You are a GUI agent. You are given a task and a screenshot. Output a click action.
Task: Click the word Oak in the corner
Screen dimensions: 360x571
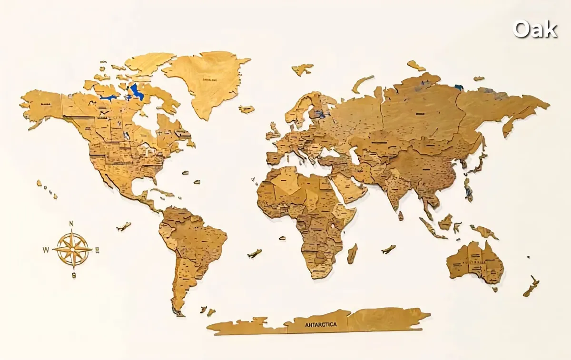535,29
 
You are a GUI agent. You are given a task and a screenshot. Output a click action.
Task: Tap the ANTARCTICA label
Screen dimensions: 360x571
320,324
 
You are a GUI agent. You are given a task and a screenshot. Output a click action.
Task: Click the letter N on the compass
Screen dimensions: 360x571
71,223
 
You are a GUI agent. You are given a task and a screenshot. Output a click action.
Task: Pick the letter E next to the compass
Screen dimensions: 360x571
97,250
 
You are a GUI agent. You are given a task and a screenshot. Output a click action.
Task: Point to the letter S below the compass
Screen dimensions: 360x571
74,275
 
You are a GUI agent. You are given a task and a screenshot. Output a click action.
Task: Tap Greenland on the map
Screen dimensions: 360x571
207,81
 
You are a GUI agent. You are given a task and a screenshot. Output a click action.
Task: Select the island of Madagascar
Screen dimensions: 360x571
352,253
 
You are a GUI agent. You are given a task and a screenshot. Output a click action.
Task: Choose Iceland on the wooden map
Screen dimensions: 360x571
246,109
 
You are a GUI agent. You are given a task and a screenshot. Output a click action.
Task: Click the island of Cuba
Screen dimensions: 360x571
162,192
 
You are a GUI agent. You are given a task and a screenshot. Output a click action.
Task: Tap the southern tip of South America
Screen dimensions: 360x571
177,311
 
